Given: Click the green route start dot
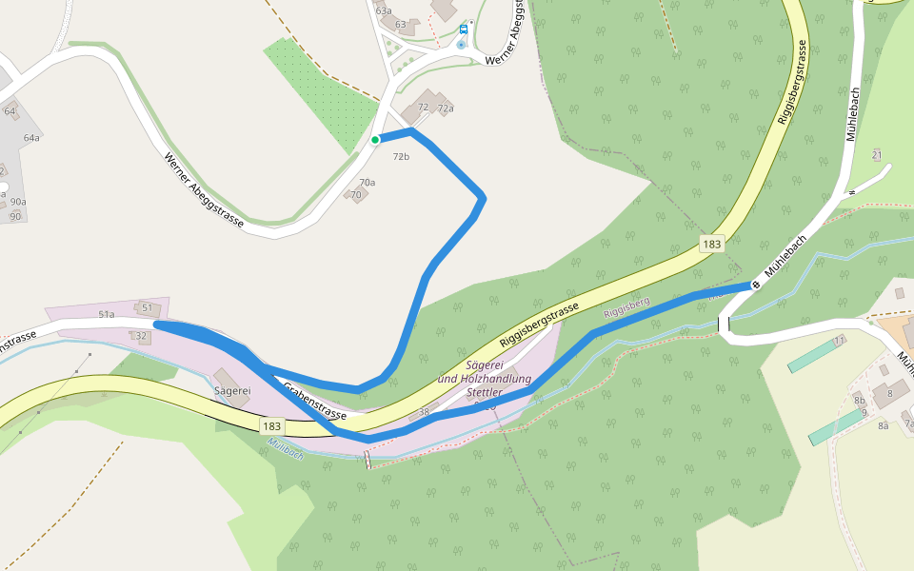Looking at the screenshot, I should [375, 140].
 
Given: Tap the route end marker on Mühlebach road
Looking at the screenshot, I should [756, 284].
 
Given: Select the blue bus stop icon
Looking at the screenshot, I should [464, 29].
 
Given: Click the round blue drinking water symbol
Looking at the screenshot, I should [463, 44].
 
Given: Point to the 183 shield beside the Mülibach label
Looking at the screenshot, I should [271, 426].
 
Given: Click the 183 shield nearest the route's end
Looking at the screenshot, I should [711, 244].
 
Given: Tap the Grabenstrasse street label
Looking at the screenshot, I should [314, 403].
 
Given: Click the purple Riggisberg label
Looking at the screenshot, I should [626, 307].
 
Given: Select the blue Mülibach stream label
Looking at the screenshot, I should [286, 448].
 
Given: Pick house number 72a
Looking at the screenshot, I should [446, 108].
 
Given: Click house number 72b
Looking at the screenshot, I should [401, 156].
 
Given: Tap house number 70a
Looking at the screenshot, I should [368, 182].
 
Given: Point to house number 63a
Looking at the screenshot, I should [384, 10].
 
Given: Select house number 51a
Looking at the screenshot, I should [106, 314].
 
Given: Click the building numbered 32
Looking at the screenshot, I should [142, 336].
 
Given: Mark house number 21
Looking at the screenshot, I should [877, 155].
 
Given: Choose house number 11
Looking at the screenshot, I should [839, 340].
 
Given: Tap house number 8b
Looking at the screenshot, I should [860, 402].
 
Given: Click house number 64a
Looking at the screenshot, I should [32, 138].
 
